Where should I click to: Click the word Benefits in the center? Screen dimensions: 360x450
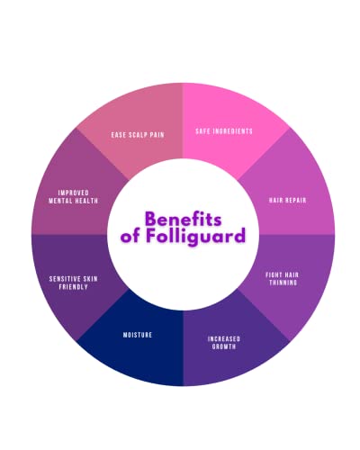tap(184, 219)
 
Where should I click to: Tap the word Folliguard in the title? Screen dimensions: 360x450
tap(196, 236)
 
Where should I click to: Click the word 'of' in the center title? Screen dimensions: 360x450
tap(130, 237)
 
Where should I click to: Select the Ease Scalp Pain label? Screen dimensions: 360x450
tap(138, 135)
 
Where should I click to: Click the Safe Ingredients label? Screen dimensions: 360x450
tap(224, 131)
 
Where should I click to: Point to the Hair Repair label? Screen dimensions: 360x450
tap(288, 200)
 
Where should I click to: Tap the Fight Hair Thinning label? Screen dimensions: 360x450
tap(283, 279)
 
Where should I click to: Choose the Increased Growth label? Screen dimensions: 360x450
tap(224, 343)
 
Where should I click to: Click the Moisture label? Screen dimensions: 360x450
tap(138, 335)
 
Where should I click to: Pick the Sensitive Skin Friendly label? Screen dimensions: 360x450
tap(74, 283)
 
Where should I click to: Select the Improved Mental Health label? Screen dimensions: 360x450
tap(74, 197)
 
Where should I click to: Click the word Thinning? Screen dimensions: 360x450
tap(283, 283)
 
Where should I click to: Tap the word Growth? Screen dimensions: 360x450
tap(224, 346)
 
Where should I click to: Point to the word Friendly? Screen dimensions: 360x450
tap(74, 287)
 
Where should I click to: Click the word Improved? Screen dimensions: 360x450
tap(74, 193)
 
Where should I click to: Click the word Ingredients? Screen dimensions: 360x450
tap(233, 131)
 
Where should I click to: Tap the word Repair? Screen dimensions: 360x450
tap(295, 200)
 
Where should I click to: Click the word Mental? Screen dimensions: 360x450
tap(60, 201)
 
